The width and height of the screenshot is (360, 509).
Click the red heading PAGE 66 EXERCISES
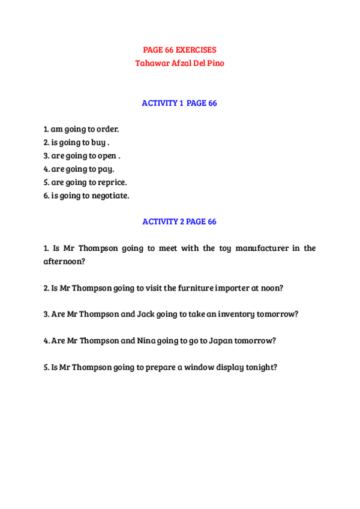[x=179, y=50]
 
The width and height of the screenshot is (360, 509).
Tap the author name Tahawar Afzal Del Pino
[x=179, y=63]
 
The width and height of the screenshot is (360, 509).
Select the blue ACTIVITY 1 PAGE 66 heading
[x=179, y=103]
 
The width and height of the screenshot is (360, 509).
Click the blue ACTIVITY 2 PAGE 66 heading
[x=179, y=221]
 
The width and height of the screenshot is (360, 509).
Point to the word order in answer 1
[x=108, y=129]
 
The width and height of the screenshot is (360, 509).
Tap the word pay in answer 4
[x=106, y=169]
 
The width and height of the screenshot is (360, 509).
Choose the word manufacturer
[x=260, y=248]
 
